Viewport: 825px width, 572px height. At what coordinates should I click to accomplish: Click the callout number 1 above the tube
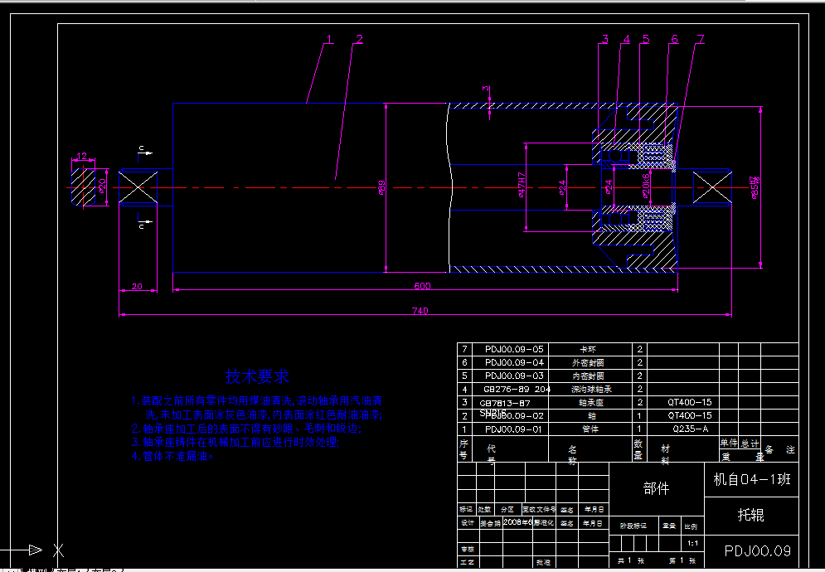point(329,39)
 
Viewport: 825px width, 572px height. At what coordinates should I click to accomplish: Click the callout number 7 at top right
point(701,39)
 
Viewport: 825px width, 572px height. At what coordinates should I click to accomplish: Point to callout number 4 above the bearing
point(627,39)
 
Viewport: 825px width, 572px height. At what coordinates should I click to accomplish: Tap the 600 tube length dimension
point(423,286)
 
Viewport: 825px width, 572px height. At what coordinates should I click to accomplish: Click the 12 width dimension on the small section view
point(81,155)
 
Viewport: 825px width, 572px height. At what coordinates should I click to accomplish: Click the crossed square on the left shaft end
point(138,187)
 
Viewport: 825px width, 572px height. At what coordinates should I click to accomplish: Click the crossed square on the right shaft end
point(712,187)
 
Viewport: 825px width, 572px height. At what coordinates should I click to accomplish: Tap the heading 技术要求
point(259,377)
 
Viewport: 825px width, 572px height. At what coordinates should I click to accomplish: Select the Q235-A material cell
point(690,429)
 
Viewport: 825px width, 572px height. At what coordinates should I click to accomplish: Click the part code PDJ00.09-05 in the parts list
point(514,349)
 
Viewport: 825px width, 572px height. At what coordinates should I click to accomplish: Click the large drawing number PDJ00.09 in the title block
point(757,550)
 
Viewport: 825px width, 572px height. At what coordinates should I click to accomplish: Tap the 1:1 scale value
point(693,545)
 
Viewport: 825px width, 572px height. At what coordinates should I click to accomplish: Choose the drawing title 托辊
point(750,515)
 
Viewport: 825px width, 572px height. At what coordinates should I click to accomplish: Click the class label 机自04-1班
point(751,479)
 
